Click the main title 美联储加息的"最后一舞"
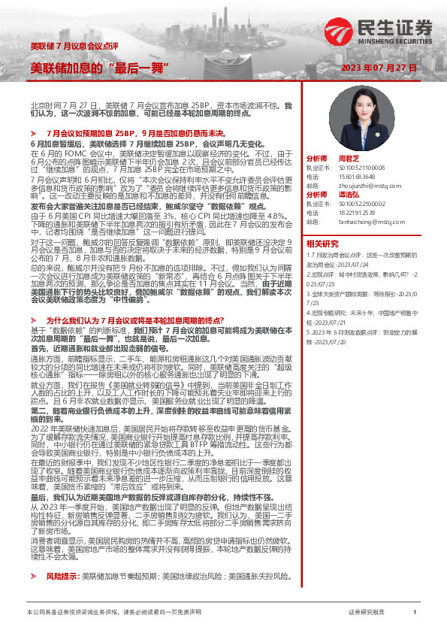99,68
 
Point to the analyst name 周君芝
349,159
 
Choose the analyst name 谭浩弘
349,195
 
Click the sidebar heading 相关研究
324,243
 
